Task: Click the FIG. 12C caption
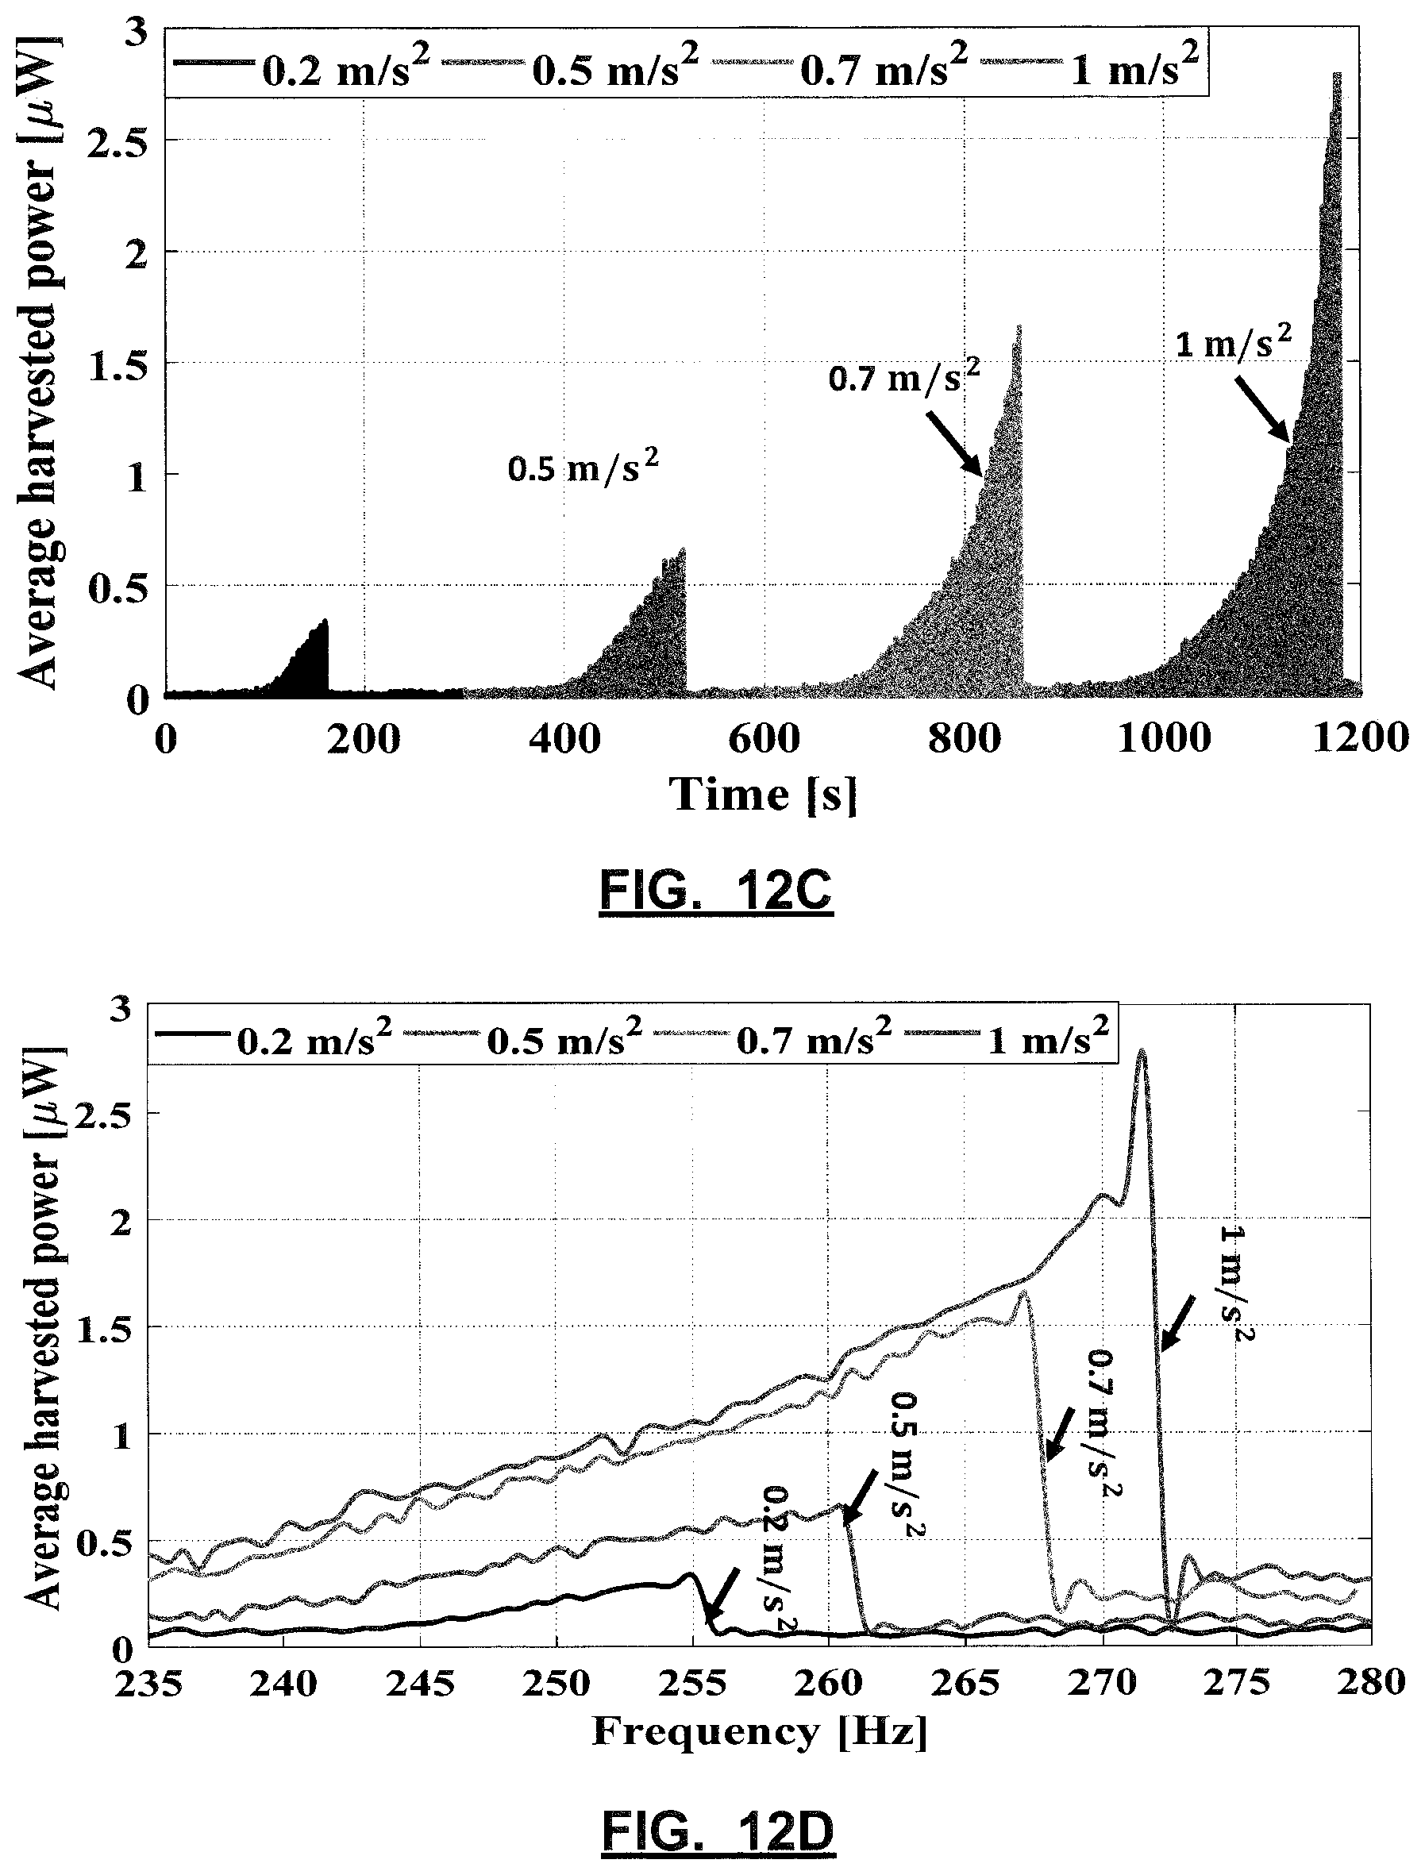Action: click(717, 891)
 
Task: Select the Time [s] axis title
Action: click(764, 795)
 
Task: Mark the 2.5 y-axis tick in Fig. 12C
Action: click(116, 141)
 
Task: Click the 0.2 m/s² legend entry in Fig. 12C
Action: click(297, 67)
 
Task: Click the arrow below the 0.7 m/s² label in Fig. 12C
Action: click(955, 444)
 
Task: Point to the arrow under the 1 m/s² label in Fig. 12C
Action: click(1263, 410)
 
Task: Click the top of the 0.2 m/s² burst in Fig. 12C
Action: click(323, 622)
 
